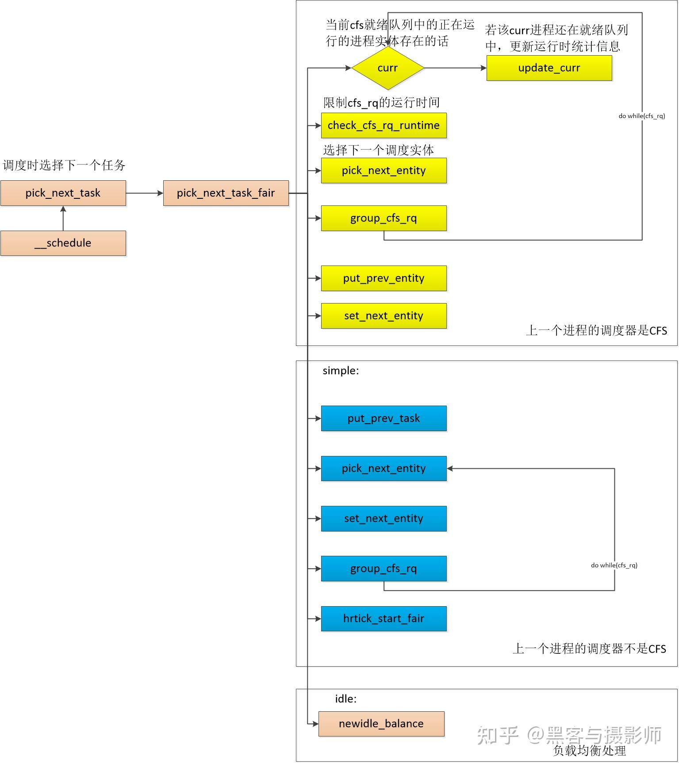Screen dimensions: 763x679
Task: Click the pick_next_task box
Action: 63,193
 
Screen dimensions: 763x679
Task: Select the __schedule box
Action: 63,243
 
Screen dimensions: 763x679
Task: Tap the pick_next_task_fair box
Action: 226,193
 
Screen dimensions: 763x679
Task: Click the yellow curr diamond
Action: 387,68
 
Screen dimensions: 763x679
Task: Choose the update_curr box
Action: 549,68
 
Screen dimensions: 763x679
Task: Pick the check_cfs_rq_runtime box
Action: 384,125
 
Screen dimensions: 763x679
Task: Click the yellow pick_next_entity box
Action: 384,171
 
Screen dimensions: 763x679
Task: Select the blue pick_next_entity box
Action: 384,468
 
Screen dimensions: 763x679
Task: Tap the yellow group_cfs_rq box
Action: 384,218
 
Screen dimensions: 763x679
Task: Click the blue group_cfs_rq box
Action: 384,569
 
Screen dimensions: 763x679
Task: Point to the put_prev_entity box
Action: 384,278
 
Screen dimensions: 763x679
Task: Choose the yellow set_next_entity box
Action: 384,316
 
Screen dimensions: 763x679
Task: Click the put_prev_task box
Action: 384,418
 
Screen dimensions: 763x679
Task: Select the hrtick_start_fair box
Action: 384,619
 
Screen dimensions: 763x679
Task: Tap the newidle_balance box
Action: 381,724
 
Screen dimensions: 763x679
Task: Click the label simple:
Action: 341,371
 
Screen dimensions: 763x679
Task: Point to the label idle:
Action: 345,699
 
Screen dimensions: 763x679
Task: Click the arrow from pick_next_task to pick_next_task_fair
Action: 145,193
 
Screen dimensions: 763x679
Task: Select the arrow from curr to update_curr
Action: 455,68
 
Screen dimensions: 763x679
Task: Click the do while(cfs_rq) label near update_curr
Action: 641,116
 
